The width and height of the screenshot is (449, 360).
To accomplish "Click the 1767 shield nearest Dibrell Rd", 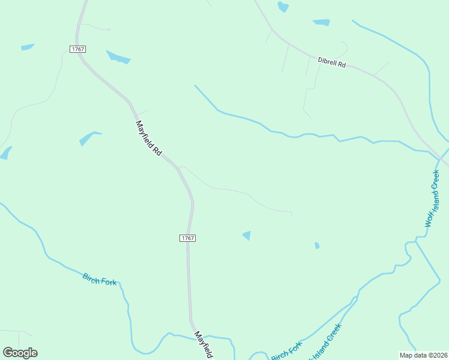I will (77, 49).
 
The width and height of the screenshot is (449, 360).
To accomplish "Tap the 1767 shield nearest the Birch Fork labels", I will (188, 238).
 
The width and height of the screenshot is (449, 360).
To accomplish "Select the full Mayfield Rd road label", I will (149, 139).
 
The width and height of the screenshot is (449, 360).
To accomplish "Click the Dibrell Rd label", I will (332, 62).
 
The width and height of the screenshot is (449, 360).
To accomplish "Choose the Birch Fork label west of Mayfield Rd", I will (100, 279).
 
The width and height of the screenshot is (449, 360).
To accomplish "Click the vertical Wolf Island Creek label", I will (433, 199).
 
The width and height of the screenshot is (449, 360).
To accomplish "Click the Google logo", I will (20, 353).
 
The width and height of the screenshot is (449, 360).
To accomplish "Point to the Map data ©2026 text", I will (424, 355).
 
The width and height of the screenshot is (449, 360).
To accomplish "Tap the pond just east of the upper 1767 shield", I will (118, 58).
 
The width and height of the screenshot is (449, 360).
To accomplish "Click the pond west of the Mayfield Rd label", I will (89, 138).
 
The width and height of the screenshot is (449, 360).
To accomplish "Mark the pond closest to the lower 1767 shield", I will (247, 235).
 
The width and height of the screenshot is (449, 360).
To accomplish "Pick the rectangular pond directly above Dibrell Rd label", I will (321, 23).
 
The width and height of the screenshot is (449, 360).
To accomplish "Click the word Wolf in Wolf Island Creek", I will (429, 219).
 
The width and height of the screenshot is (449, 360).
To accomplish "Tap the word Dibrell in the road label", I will (327, 61).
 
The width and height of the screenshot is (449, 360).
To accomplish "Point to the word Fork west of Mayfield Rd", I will (109, 281).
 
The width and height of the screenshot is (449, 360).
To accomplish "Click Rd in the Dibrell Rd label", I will (342, 64).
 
